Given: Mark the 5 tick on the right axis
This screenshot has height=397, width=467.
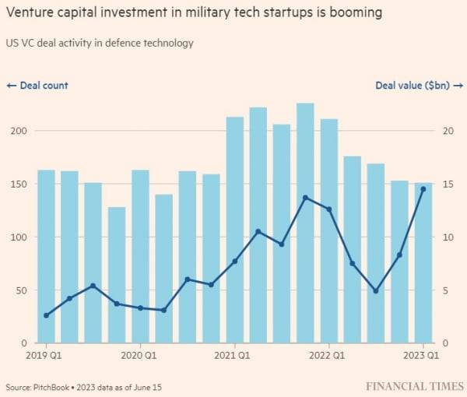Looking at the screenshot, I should [x=446, y=290].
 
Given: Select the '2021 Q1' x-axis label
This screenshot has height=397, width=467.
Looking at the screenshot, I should [x=235, y=357].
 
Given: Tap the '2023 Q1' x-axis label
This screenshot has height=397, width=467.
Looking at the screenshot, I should [x=423, y=357].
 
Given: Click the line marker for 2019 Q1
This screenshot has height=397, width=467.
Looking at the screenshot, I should [x=47, y=315].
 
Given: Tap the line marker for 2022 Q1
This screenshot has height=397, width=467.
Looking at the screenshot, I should [x=329, y=209].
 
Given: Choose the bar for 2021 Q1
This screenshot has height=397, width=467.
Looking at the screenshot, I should [x=235, y=230].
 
